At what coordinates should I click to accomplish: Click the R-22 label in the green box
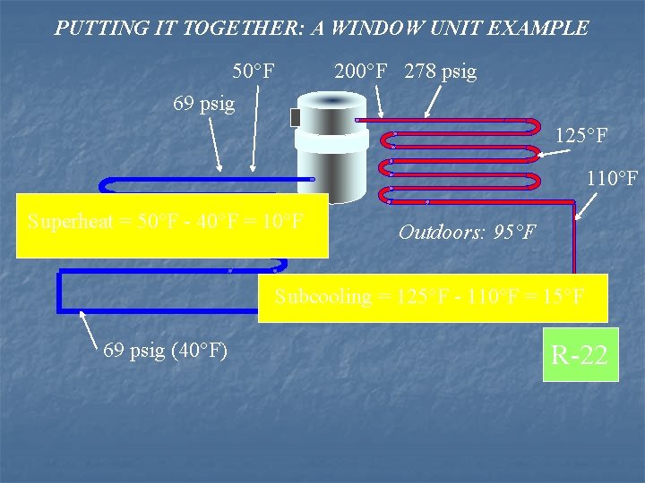580,355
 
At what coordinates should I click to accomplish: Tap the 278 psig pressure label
440,71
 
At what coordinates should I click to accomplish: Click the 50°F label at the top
254,71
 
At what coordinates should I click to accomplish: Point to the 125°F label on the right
581,137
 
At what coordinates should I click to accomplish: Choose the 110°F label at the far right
612,179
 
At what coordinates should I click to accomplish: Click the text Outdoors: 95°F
467,233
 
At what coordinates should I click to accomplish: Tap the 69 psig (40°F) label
165,351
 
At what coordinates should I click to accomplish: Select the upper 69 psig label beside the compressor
203,104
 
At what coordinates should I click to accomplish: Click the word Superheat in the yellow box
68,221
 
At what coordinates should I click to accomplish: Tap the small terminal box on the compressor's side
296,117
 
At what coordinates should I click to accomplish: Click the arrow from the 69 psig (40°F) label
90,326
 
